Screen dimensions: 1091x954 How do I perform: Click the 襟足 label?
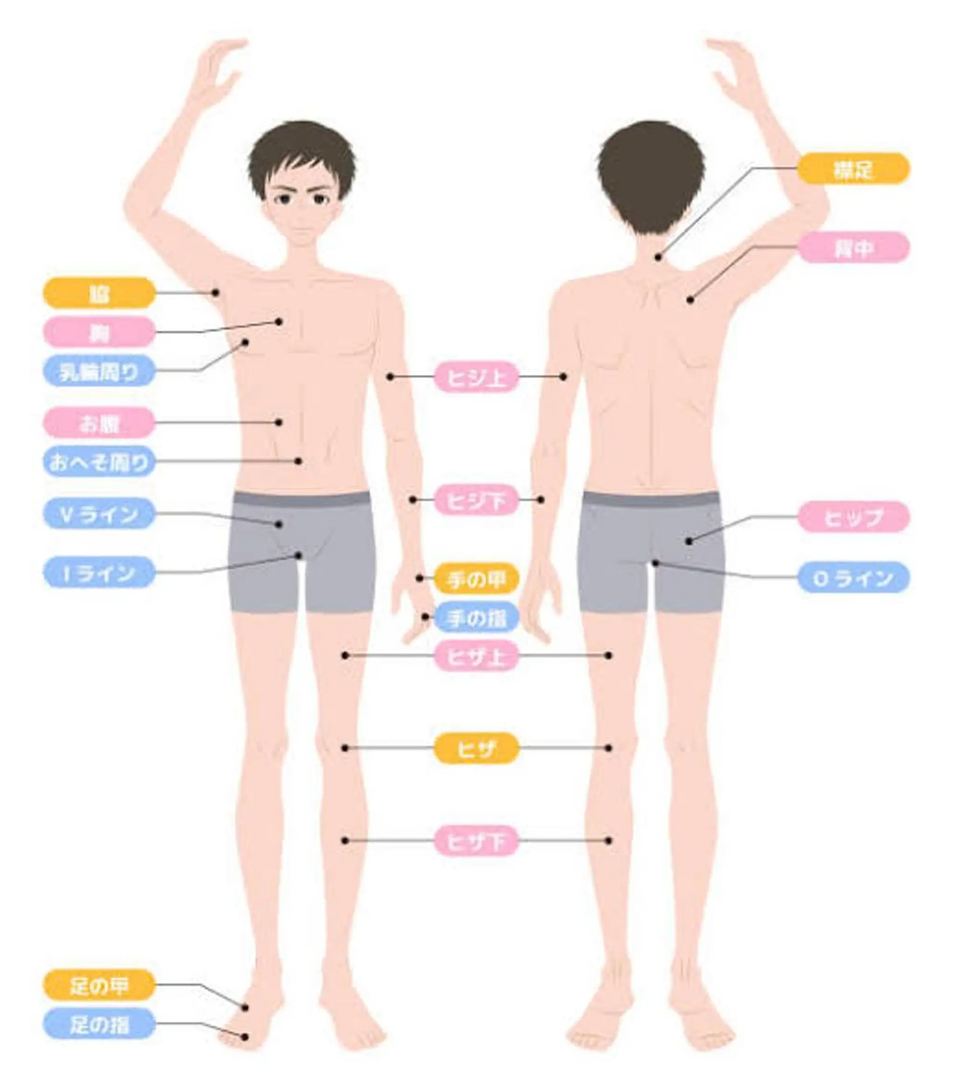tap(853, 169)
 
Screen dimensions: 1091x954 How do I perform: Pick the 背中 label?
tap(853, 248)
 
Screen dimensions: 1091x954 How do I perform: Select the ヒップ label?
tap(853, 517)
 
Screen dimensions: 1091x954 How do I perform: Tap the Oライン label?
tap(853, 577)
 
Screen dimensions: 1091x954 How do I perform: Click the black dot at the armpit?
tap(216, 293)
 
